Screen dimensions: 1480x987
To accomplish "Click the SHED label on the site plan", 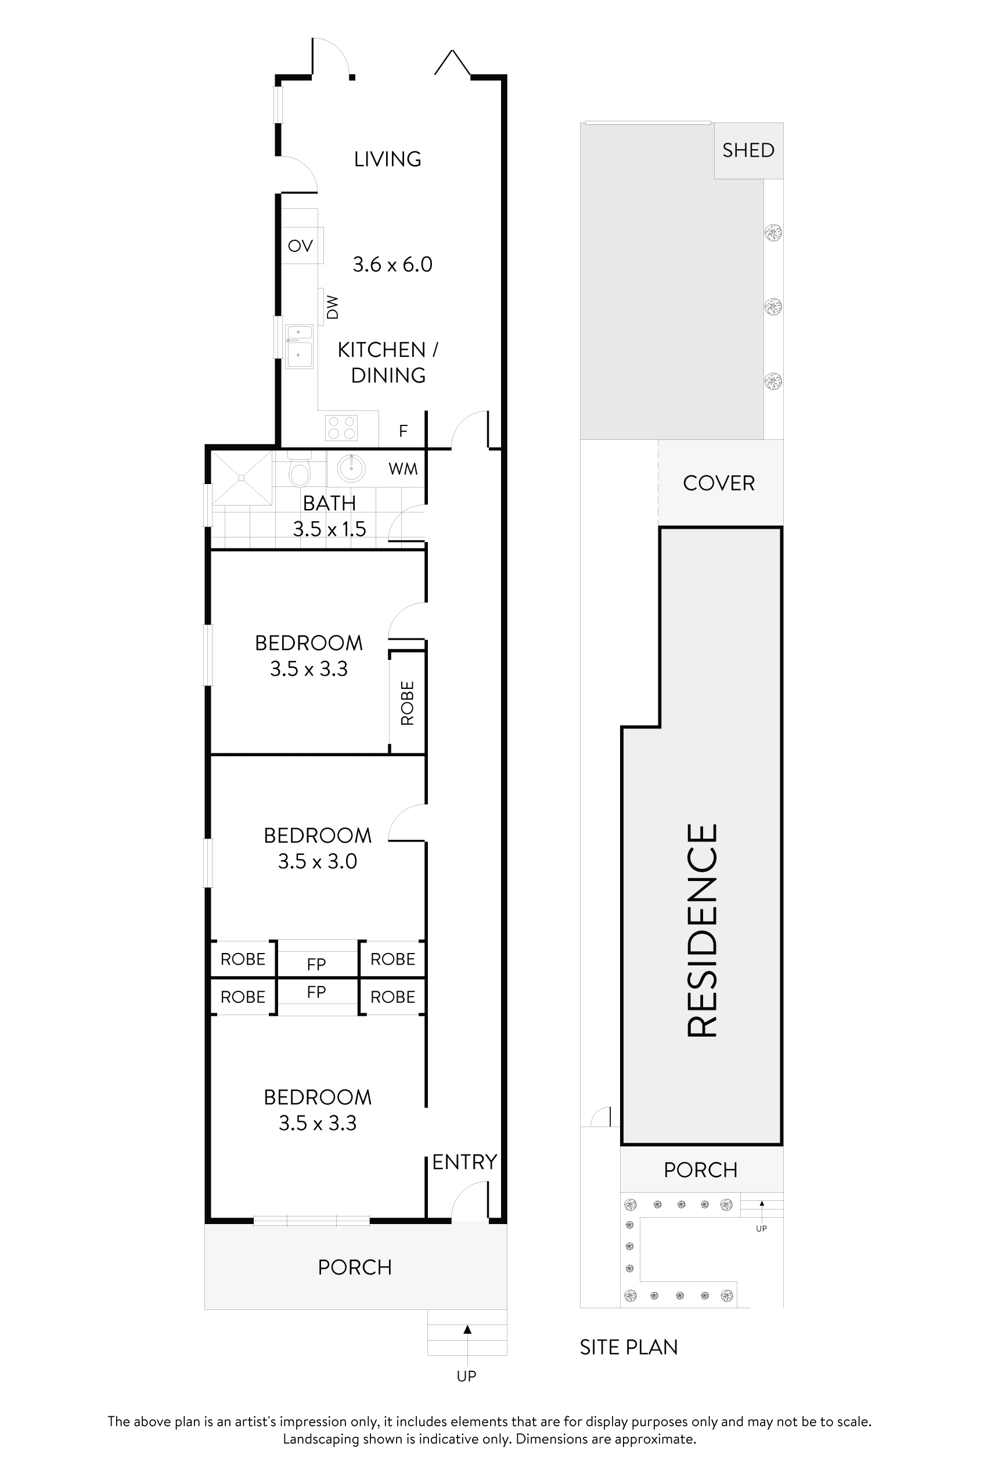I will click(x=748, y=150).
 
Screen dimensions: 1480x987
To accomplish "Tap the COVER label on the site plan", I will click(x=718, y=483).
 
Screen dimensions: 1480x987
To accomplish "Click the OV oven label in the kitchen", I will click(x=300, y=246).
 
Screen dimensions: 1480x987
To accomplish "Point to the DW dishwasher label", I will click(x=332, y=307).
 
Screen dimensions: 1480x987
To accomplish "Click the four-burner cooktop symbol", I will click(x=341, y=428).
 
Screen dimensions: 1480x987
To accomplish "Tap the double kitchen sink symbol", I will click(x=299, y=346).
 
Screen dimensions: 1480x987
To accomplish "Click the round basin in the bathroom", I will click(x=351, y=468).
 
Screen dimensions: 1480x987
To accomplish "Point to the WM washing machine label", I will click(x=403, y=470).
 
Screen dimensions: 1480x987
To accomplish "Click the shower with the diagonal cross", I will click(x=242, y=478).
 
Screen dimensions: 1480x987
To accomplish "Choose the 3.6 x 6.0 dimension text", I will click(x=392, y=264).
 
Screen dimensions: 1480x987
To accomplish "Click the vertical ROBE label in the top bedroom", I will click(x=407, y=703).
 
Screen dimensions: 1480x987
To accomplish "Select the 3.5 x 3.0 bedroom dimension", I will click(x=317, y=861).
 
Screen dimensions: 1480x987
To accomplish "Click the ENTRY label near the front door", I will click(x=464, y=1161).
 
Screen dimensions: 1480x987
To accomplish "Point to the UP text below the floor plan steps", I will click(x=466, y=1376).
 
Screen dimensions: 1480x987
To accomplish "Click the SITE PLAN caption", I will click(x=628, y=1347).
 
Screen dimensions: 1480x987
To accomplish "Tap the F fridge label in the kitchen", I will click(x=404, y=431).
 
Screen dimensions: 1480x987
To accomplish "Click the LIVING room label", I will click(x=388, y=159).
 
